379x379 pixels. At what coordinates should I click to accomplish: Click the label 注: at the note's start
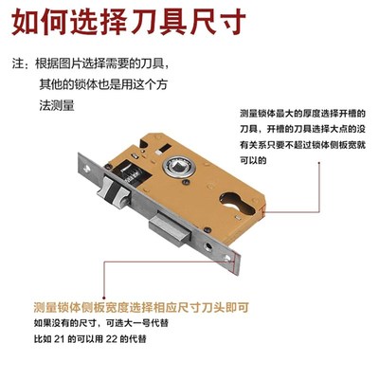17,64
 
